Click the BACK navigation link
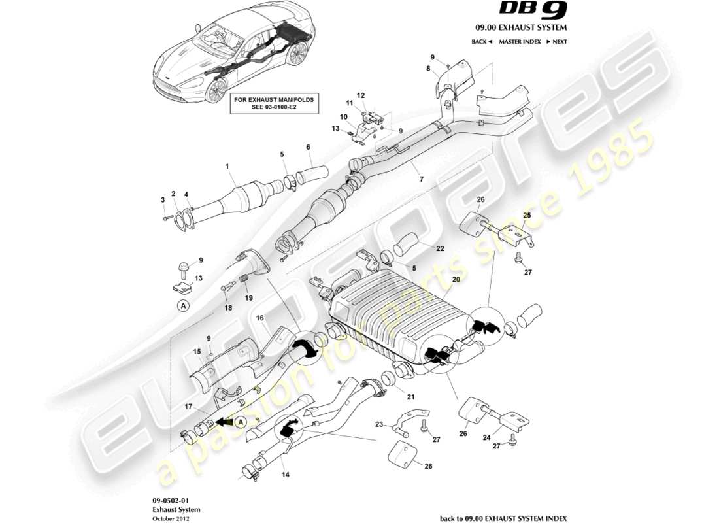tap(482, 42)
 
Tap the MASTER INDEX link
tap(519, 42)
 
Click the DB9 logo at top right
tap(535, 10)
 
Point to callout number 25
tap(527, 215)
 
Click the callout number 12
tap(360, 95)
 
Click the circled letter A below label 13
tap(184, 305)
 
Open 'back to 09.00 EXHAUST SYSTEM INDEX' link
tap(503, 518)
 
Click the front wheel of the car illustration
tap(215, 90)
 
